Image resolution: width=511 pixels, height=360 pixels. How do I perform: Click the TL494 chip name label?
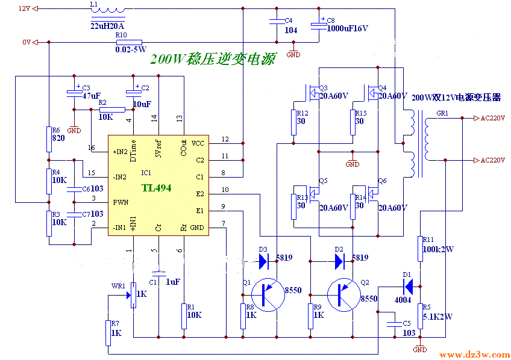(156, 188)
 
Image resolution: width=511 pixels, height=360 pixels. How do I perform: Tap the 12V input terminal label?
(24, 8)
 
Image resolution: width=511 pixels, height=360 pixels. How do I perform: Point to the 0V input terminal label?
(25, 42)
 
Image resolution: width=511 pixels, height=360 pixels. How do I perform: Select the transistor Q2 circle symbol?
(344, 295)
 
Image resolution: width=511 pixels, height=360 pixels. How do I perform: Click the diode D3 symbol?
(263, 261)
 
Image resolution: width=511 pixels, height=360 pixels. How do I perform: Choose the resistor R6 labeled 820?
(49, 140)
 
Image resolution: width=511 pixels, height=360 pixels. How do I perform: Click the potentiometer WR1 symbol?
(134, 294)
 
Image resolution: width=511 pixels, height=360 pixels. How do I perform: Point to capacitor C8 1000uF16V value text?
(347, 28)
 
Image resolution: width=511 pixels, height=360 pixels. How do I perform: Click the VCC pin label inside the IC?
(198, 143)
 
